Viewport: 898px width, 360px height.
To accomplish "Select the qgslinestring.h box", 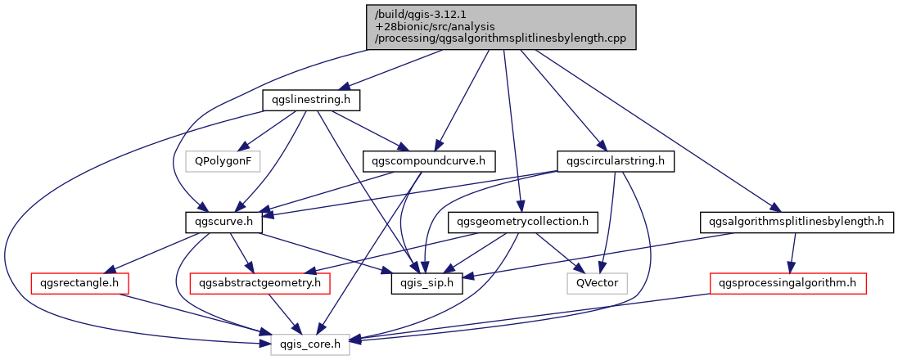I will [x=312, y=100].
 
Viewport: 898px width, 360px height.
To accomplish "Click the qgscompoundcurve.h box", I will [x=429, y=161].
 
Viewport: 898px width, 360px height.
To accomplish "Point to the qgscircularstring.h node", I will [x=615, y=161].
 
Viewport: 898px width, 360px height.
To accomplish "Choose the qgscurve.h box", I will [x=223, y=222].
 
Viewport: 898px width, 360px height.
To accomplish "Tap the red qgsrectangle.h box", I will [x=79, y=284].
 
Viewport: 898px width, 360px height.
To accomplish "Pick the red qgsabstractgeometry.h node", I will [x=259, y=284].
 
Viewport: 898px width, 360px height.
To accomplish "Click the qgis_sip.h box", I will [x=426, y=284].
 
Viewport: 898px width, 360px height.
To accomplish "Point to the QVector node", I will [x=597, y=284].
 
